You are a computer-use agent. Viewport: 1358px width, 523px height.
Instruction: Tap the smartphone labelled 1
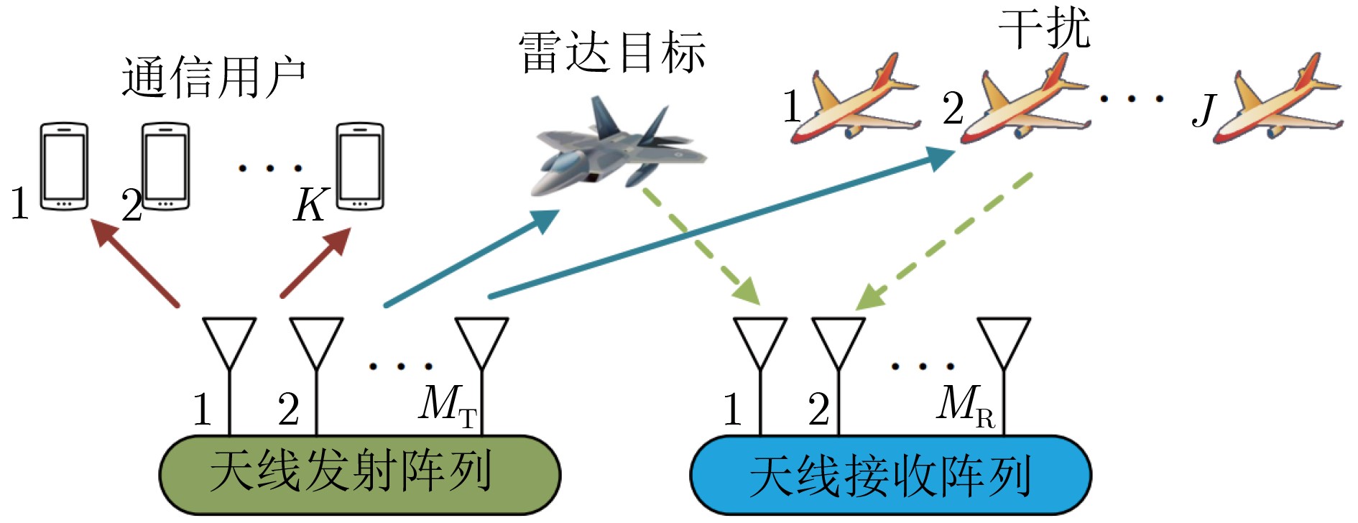64,166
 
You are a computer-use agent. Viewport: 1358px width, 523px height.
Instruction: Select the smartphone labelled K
360,166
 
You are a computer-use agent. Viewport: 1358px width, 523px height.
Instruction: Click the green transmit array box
359,474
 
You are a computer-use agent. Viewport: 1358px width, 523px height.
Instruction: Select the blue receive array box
890,475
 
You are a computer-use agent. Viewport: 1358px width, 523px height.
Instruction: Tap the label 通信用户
213,77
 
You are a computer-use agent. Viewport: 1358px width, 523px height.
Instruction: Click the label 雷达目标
611,52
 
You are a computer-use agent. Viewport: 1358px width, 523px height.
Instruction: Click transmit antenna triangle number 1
229,341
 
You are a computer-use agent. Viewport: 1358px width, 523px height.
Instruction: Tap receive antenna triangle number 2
839,341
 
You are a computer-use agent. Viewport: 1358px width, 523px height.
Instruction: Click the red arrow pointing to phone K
316,261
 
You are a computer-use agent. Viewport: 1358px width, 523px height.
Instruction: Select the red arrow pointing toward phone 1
137,261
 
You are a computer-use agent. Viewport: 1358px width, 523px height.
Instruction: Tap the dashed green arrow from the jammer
945,241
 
